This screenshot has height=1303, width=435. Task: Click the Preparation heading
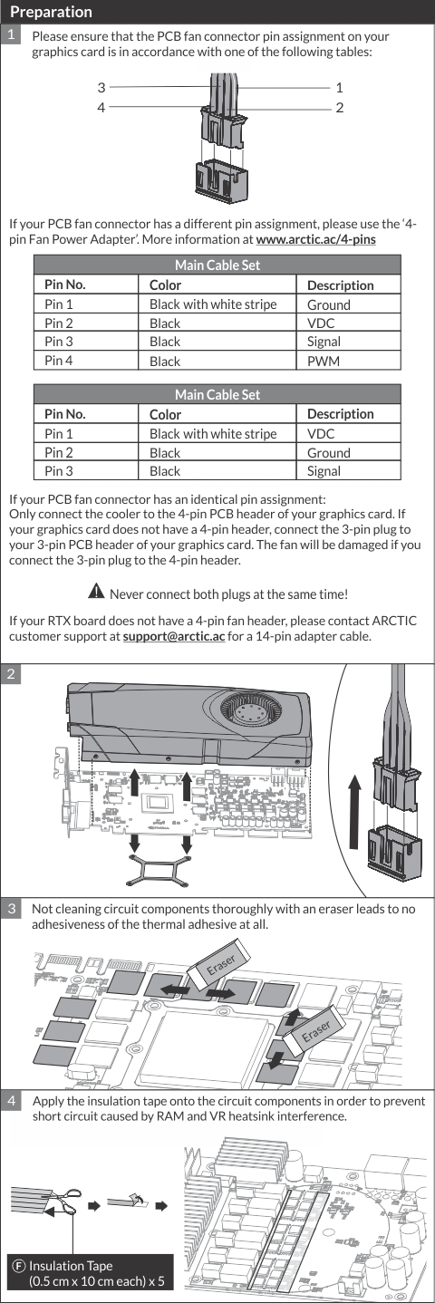pyautogui.click(x=51, y=12)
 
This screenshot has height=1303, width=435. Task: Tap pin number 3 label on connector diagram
pyautogui.click(x=101, y=87)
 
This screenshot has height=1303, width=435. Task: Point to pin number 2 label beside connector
pyautogui.click(x=340, y=108)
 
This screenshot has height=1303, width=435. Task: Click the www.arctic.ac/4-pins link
pyautogui.click(x=315, y=239)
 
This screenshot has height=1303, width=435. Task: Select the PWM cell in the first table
pyautogui.click(x=324, y=362)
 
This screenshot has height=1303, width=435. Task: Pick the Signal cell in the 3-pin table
pyautogui.click(x=324, y=471)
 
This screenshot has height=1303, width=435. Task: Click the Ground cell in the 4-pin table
pyautogui.click(x=329, y=304)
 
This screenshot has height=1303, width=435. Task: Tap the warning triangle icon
pyautogui.click(x=96, y=592)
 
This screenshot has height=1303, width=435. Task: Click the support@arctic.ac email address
pyautogui.click(x=174, y=636)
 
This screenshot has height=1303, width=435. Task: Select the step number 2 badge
pyautogui.click(x=11, y=674)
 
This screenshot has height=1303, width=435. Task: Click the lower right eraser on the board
pyautogui.click(x=315, y=1031)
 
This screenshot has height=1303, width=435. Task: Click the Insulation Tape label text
pyautogui.click(x=71, y=1266)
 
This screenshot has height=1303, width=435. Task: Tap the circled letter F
pyautogui.click(x=19, y=1267)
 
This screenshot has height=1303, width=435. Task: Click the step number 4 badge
pyautogui.click(x=11, y=1101)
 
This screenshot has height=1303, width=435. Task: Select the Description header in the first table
pyautogui.click(x=340, y=285)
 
